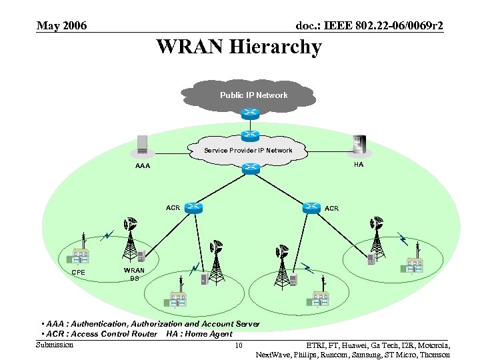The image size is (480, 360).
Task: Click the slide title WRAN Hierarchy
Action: (239, 47)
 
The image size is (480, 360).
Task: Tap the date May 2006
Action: (61, 26)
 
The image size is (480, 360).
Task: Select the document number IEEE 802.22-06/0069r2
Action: (369, 26)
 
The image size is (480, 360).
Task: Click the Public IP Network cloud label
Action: (253, 95)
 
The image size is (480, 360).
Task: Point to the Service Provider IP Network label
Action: (248, 151)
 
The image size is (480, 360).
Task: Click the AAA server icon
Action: (142, 145)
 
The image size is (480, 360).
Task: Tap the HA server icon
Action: (359, 145)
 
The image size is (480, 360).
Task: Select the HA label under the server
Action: (359, 165)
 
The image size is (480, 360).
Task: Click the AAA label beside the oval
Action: (142, 166)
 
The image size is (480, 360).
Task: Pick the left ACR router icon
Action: (194, 207)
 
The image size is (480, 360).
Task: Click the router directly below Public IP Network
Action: (250, 113)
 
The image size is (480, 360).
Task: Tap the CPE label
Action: (78, 272)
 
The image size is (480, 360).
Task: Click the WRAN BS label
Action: (134, 274)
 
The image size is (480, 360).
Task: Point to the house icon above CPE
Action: (81, 255)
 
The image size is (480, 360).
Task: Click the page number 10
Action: (239, 345)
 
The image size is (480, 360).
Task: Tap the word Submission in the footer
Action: (55, 345)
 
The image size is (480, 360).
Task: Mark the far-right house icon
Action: (412, 265)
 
